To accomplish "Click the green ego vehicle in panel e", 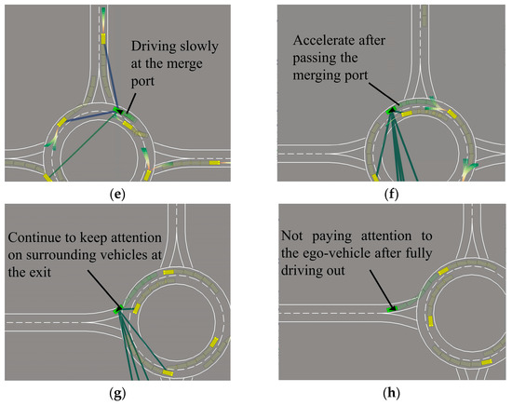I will click(117, 111).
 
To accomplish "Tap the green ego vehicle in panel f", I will click(393, 110).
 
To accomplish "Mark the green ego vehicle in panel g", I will click(119, 308).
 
